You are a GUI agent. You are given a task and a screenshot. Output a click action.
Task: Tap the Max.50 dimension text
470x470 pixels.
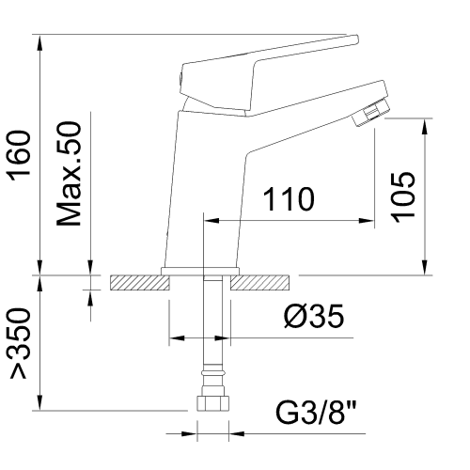69,174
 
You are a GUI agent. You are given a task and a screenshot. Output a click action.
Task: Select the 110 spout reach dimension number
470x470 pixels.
289,199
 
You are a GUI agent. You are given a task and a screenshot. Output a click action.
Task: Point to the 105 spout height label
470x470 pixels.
403,197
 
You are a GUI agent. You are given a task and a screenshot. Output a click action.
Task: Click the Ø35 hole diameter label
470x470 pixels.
314,316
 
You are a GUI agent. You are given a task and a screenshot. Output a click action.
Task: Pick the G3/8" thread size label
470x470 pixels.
317,413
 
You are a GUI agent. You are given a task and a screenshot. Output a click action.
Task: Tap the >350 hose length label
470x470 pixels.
20,343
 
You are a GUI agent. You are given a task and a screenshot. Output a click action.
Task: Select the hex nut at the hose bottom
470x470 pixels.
212,403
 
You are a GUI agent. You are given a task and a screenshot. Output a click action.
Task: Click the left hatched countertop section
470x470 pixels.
140,283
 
